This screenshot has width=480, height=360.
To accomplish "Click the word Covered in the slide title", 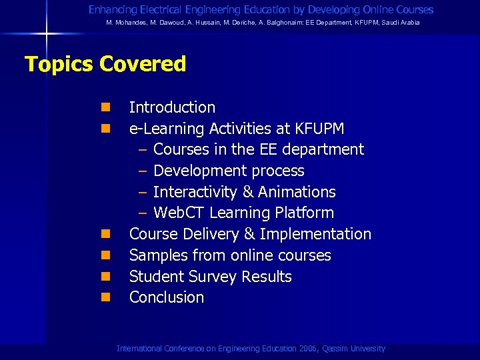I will (143, 65).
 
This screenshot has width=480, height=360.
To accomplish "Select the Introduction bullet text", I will (172, 107).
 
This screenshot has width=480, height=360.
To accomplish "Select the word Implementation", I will (315, 234).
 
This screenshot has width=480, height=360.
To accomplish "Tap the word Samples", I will (155, 255).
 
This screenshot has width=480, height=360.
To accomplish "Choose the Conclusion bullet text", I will (167, 297).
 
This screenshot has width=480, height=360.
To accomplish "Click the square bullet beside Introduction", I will (106, 107).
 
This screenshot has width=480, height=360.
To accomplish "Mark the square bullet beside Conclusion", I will (106, 297).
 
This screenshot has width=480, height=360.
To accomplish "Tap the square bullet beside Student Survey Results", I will (106, 277).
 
